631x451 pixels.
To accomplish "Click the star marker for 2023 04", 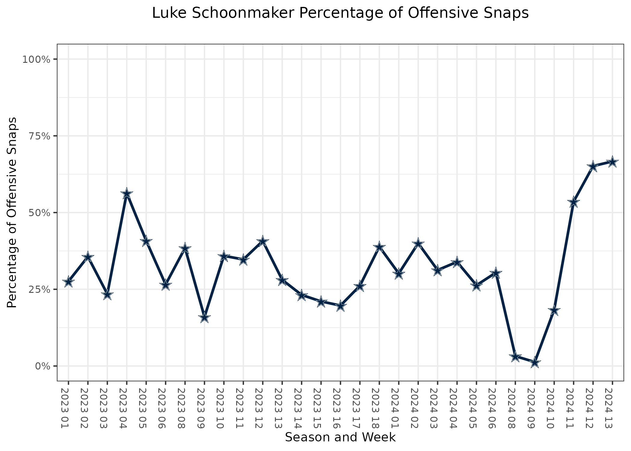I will [127, 194].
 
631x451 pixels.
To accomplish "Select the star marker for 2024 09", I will [535, 363].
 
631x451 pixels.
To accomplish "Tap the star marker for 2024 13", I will [612, 162].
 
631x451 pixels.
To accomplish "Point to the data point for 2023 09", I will [204, 318].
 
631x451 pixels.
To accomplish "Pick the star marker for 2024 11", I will [574, 202].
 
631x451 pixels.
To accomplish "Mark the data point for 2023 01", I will [68, 282].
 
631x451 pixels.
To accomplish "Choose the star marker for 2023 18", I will [379, 247].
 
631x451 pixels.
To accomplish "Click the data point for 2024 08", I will [515, 357].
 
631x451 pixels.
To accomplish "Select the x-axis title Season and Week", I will [340, 437].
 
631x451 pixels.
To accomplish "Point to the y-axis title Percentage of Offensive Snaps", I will [12, 212].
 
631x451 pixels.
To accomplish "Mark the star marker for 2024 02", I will [418, 244].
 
